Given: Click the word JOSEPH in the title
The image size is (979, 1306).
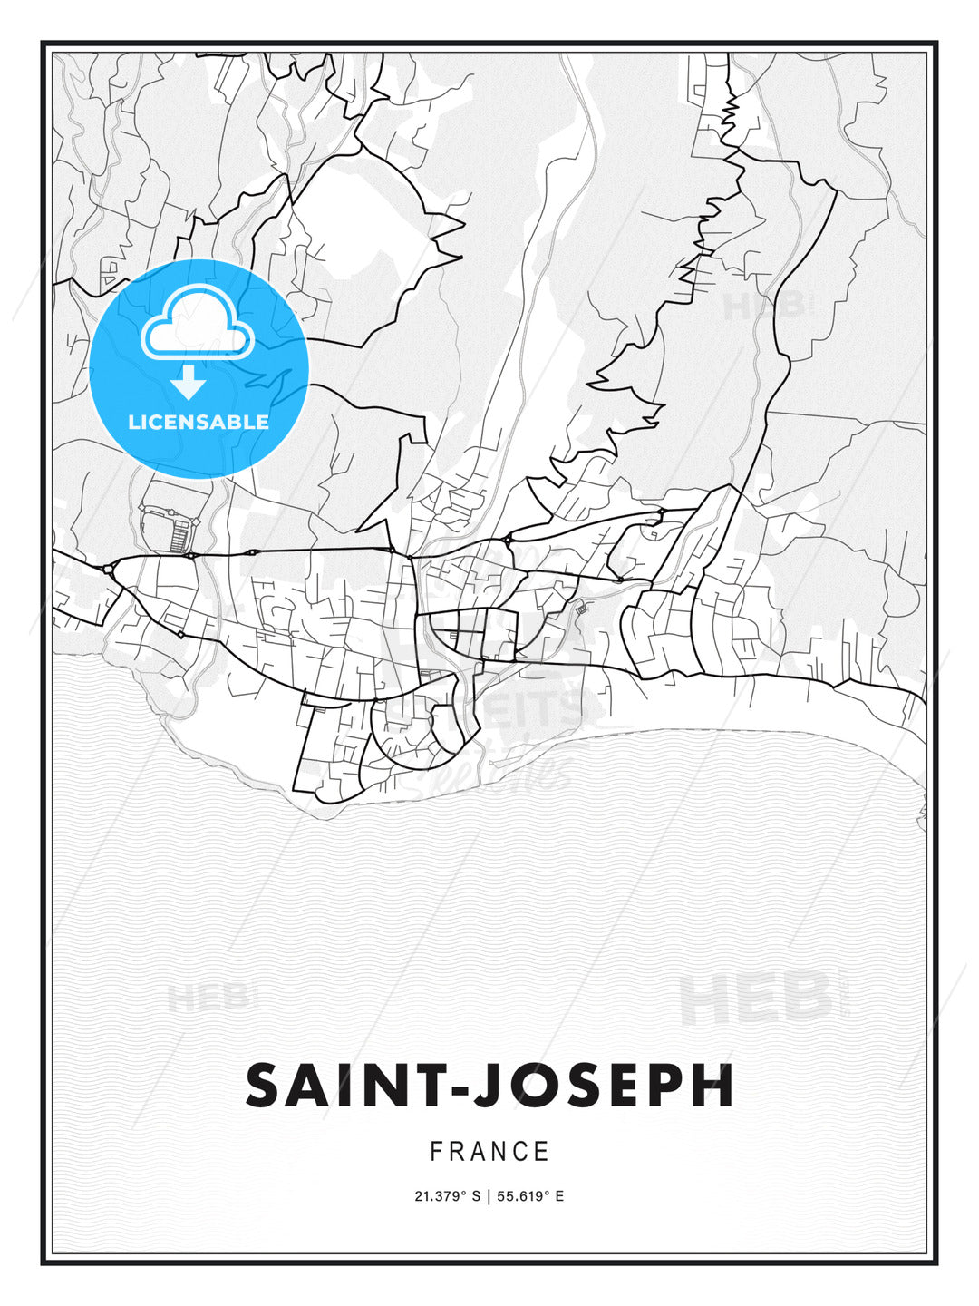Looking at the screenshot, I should point(604,1086).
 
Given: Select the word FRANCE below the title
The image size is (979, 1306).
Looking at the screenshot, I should point(489,1152).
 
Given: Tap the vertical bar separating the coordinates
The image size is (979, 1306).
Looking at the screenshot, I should point(488,1196).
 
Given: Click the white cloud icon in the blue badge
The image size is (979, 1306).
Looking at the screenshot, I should point(196,325).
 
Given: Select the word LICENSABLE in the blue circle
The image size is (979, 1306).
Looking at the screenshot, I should point(199,422).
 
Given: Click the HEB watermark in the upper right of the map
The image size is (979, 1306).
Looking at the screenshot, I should point(764,305).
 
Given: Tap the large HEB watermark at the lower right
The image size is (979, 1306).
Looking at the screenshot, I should point(755,998).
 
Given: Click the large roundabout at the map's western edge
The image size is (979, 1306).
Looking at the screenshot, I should point(109,570).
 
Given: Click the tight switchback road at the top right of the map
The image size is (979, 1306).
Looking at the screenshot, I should point(728,113).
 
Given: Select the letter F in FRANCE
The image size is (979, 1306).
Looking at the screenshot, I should point(436,1152).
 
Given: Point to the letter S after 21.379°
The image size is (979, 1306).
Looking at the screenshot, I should point(475,1196).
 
